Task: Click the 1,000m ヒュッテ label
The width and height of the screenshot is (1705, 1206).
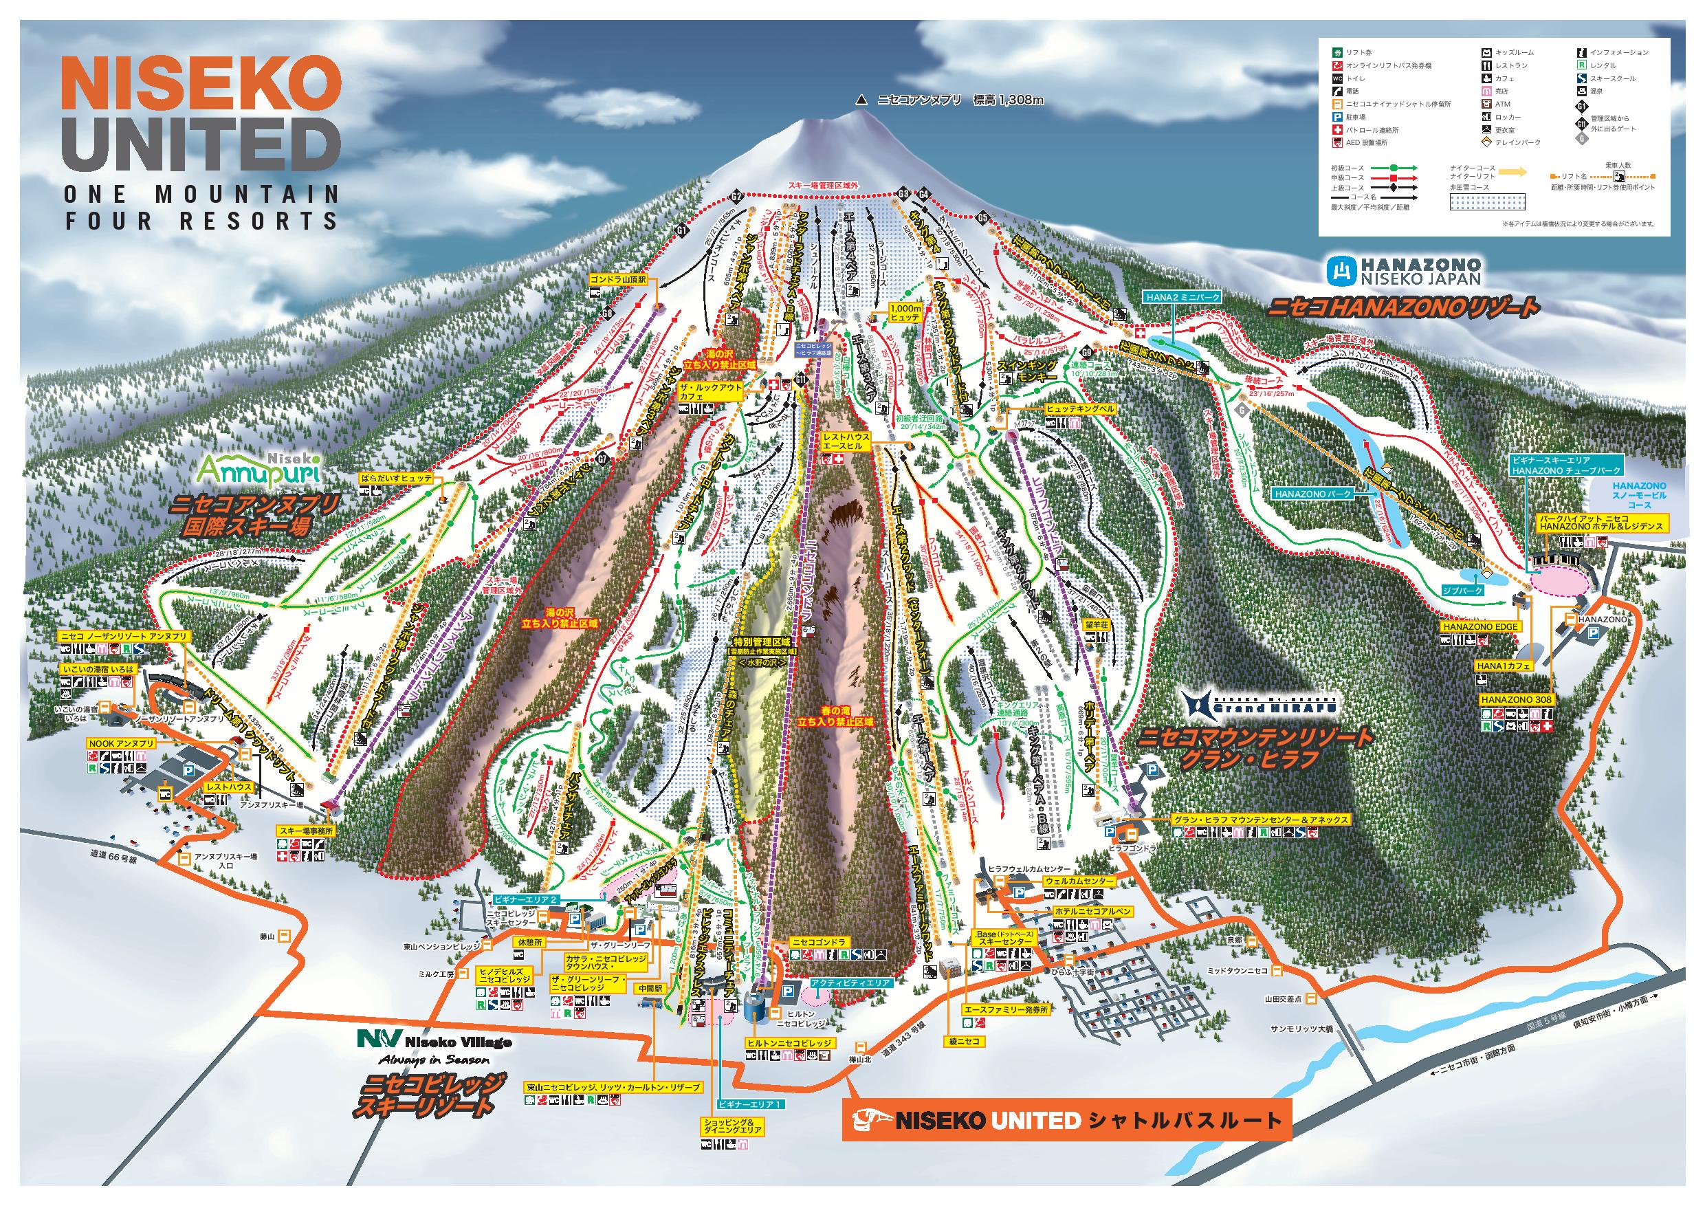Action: point(905,312)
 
